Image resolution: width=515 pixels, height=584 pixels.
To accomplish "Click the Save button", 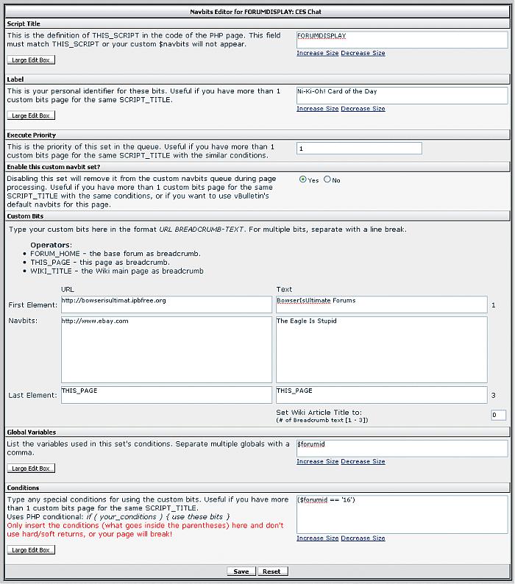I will [x=241, y=571].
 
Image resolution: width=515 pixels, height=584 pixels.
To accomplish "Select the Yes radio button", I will [x=303, y=179].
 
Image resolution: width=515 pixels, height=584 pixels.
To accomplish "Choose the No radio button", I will [x=327, y=179].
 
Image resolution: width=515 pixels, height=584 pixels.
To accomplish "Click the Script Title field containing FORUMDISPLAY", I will [x=402, y=39].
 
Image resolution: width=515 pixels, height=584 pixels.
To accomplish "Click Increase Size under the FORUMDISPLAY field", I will [x=318, y=53].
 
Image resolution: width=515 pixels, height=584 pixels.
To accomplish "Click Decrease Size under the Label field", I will [x=363, y=109].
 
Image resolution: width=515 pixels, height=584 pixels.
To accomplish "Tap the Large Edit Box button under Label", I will [x=31, y=115].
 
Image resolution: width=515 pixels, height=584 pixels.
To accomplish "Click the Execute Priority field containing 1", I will [x=359, y=149].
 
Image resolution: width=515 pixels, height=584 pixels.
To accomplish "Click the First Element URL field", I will [x=167, y=305].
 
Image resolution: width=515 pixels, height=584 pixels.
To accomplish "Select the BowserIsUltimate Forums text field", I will [x=381, y=305].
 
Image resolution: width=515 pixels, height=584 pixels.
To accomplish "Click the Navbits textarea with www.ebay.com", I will [x=167, y=349].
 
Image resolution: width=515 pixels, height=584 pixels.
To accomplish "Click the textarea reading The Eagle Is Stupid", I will [x=381, y=349].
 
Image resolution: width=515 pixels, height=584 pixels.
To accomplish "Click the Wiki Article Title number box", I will [x=498, y=415].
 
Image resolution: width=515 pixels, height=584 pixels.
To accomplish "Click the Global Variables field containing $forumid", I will [x=402, y=448].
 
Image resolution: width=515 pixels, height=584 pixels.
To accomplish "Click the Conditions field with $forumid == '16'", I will [x=402, y=513].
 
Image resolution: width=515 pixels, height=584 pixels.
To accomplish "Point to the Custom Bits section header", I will [x=26, y=216].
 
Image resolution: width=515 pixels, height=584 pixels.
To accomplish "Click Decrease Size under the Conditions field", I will [x=363, y=538].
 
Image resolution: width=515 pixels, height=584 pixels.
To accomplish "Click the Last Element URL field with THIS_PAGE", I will [x=167, y=395].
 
